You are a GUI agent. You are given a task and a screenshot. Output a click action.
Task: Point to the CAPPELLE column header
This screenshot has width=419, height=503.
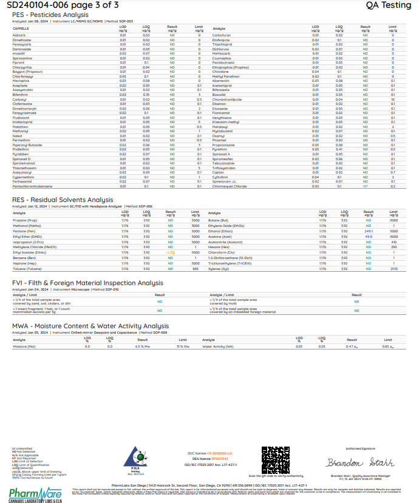(x=21, y=28)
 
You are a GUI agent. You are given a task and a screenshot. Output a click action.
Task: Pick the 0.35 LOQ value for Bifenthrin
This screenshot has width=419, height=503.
(x=146, y=95)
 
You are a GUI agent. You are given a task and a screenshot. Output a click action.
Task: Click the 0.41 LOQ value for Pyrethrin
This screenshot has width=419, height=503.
(x=339, y=149)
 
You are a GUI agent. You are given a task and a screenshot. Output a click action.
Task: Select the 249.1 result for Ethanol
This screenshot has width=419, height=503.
(x=368, y=231)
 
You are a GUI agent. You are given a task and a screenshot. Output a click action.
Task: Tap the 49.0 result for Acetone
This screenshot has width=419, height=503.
(x=368, y=237)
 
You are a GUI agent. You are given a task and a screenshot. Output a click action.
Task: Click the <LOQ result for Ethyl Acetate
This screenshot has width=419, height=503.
(x=171, y=252)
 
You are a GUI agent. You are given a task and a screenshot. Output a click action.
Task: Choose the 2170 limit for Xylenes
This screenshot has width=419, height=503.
(x=393, y=268)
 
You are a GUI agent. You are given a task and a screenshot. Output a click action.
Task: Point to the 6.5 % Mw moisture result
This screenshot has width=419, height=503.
(x=142, y=346)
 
